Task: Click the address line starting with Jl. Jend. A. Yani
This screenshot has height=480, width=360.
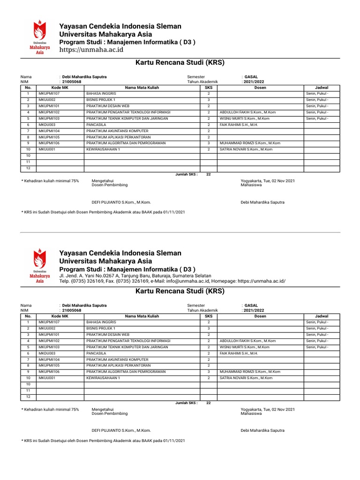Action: (x=135, y=276)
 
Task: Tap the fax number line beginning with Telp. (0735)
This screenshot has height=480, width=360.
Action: (x=172, y=281)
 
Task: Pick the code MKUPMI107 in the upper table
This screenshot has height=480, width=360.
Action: (x=49, y=94)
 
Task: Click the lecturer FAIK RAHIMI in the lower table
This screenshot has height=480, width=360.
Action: (x=239, y=353)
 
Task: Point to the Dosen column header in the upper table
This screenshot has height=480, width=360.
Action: (x=260, y=88)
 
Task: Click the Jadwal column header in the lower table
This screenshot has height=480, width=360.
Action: (x=322, y=316)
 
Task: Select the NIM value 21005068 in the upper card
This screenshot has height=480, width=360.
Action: (x=72, y=82)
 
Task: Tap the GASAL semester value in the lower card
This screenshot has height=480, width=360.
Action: (x=251, y=305)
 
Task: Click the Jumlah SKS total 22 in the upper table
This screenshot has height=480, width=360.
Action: (x=209, y=174)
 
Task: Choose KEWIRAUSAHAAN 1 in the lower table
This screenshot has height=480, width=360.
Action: (x=103, y=378)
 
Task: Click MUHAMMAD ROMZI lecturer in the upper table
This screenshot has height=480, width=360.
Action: (x=250, y=143)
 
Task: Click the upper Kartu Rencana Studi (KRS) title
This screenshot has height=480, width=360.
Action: (x=180, y=62)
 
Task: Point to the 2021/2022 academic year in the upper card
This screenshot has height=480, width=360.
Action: (x=254, y=82)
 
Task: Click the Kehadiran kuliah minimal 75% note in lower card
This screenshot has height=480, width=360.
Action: (x=51, y=409)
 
